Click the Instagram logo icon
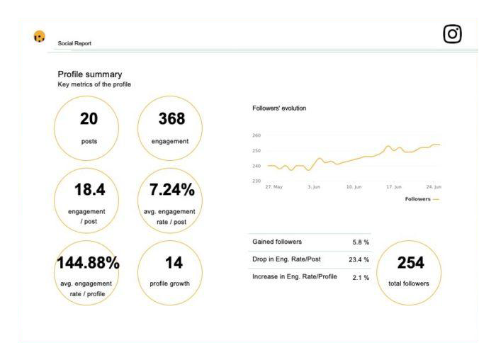[452, 34]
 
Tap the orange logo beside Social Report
[40, 37]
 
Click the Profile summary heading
[90, 74]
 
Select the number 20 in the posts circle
[89, 119]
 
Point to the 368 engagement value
[171, 119]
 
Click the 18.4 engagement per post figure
[89, 190]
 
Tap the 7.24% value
[171, 190]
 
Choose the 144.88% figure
[88, 263]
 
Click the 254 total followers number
[410, 263]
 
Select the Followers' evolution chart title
[279, 108]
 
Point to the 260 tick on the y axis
[257, 135]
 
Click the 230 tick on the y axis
[257, 181]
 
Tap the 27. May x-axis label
[274, 187]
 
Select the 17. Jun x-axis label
[394, 187]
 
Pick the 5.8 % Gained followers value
[361, 242]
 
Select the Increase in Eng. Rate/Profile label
[295, 277]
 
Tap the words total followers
[409, 283]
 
